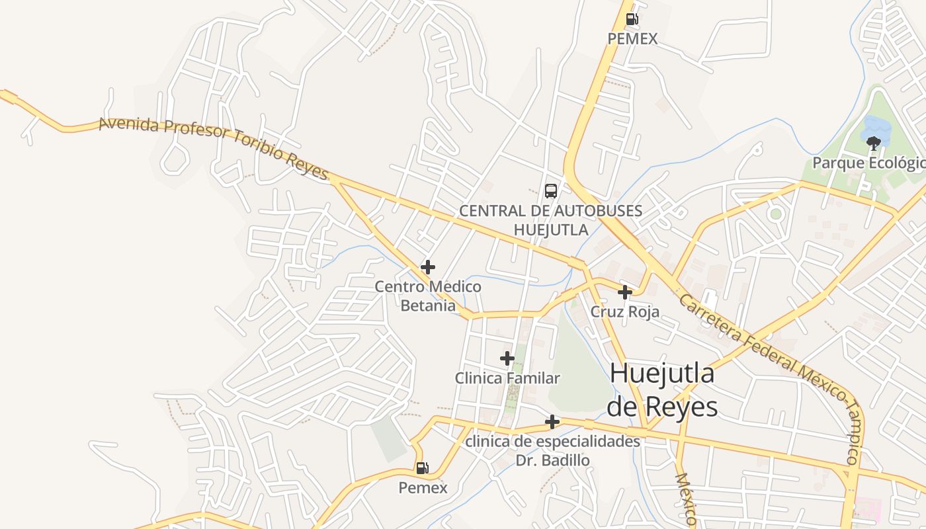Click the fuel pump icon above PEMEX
(632, 19)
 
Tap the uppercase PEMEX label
(632, 39)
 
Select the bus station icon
(550, 191)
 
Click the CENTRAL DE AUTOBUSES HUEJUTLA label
(550, 220)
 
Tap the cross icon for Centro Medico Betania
(428, 267)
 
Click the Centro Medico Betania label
(428, 296)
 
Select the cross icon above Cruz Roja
(624, 292)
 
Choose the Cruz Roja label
(624, 312)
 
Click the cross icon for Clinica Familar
(507, 358)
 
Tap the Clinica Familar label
(507, 379)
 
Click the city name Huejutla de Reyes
(662, 390)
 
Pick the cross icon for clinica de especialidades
(552, 422)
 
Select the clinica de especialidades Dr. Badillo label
(553, 450)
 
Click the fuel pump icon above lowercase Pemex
(422, 468)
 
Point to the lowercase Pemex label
(423, 488)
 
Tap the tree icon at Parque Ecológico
(874, 142)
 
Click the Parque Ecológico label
(868, 163)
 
